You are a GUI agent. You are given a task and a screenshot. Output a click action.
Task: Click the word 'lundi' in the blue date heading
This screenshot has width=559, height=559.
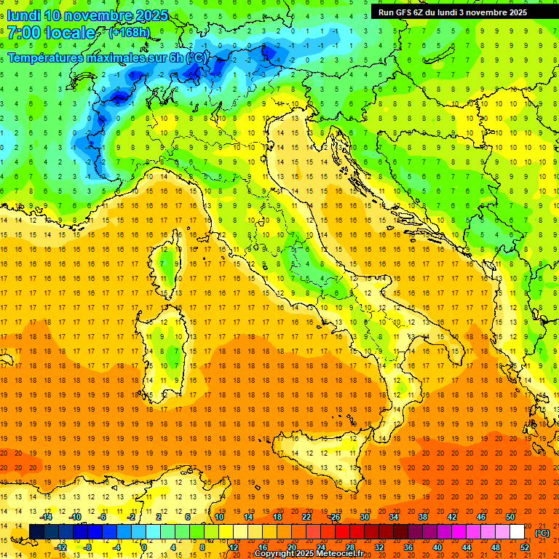point(23,15)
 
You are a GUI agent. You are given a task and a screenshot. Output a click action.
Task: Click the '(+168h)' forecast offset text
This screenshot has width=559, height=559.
point(129,32)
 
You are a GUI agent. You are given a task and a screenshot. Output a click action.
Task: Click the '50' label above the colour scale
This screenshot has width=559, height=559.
point(510,517)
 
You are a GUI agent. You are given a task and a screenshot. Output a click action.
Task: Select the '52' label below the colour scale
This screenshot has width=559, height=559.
point(525,547)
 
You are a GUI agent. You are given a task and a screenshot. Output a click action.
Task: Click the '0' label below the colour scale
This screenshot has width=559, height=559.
point(144,547)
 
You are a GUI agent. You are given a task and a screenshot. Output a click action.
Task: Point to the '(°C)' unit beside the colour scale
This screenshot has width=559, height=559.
point(542,533)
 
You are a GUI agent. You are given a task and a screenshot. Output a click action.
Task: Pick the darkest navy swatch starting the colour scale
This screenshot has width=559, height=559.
point(36,532)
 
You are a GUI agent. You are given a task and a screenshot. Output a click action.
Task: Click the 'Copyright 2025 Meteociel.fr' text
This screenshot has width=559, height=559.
point(314,554)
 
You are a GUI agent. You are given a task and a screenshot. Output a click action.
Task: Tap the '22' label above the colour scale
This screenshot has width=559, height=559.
point(306,517)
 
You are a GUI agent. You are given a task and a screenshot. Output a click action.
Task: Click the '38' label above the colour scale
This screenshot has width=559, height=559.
point(422,517)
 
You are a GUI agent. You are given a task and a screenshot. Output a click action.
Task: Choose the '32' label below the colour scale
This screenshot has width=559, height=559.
point(378,547)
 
